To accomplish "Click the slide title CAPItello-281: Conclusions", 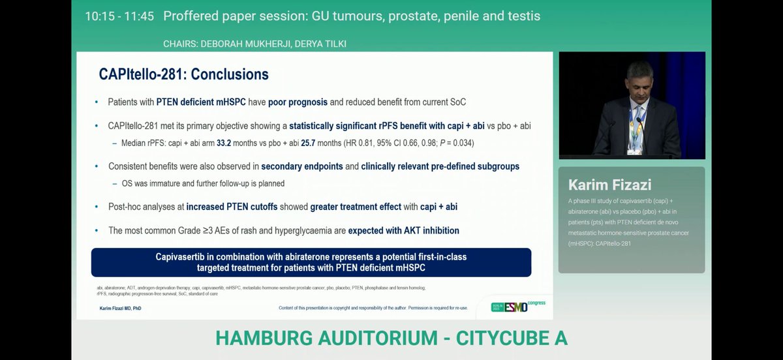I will [183, 74].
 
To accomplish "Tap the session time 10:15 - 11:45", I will [119, 16].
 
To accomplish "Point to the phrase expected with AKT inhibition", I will [403, 230].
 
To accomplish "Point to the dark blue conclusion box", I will [311, 262].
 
